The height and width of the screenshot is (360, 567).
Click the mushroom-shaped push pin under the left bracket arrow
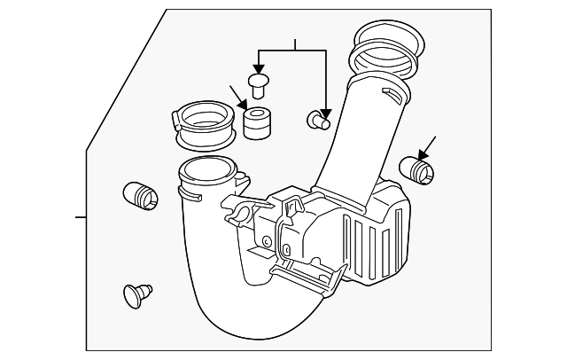(259, 85)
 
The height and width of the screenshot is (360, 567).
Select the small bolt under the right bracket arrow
(318, 120)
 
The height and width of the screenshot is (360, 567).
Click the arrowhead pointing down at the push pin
(258, 69)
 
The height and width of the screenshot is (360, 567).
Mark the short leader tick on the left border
(80, 216)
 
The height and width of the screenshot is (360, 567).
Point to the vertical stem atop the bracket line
(295, 45)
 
